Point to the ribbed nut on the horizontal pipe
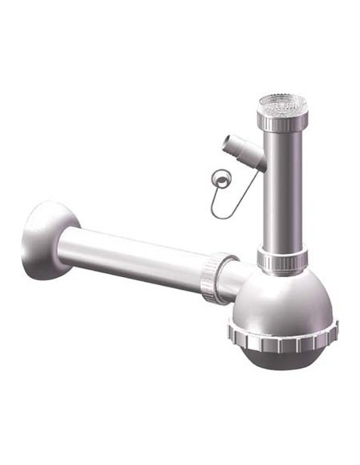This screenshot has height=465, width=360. coord(216,277)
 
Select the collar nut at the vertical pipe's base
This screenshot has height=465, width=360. coord(282,259)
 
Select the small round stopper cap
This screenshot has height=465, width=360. coord(221,177)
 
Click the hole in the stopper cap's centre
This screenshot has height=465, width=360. coord(221,177)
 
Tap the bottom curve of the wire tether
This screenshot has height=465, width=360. coord(224,217)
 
